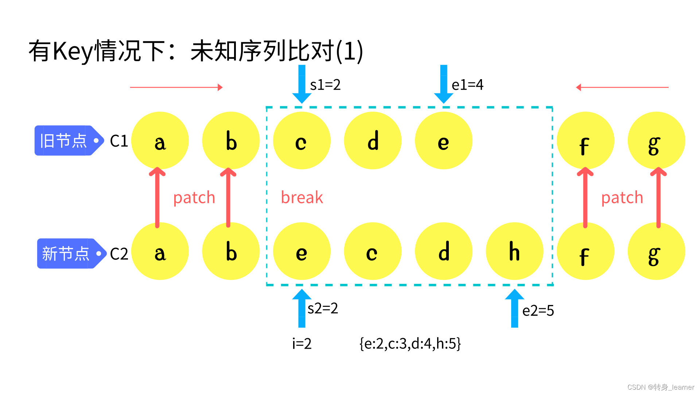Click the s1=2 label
click(x=325, y=85)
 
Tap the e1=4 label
click(x=467, y=85)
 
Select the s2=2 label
click(x=323, y=309)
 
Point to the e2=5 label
click(x=538, y=311)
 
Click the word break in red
click(x=302, y=197)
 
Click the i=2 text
click(x=302, y=344)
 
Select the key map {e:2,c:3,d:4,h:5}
click(x=410, y=344)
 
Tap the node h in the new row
click(x=514, y=251)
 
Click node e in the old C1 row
click(x=443, y=141)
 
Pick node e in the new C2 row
click(x=302, y=251)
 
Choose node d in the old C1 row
click(x=373, y=141)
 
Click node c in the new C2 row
click(x=373, y=251)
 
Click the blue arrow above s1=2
click(x=302, y=84)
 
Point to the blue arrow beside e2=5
click(x=514, y=308)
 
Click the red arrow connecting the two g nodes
click(x=658, y=197)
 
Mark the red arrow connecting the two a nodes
click(x=157, y=197)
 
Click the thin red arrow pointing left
click(x=622, y=88)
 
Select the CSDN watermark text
click(x=661, y=387)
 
